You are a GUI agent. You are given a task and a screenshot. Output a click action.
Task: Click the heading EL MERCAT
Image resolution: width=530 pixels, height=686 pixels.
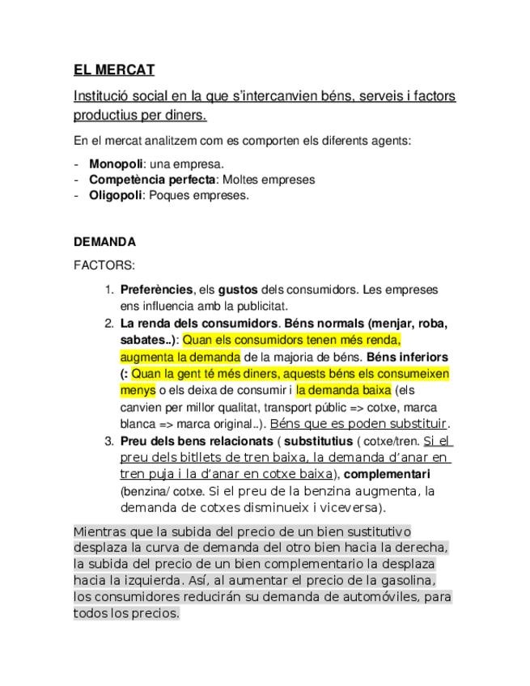(113, 70)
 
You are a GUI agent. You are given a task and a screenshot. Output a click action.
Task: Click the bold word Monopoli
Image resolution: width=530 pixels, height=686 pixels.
(116, 163)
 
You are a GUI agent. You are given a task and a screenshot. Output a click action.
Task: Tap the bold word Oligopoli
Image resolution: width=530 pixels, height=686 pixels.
(115, 194)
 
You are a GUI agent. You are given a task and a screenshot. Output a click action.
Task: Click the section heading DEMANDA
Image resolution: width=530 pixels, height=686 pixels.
(104, 241)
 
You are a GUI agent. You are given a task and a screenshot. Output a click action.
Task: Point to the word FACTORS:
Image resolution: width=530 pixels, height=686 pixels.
(104, 265)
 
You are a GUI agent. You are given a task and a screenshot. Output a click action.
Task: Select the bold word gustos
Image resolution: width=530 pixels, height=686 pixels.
(237, 289)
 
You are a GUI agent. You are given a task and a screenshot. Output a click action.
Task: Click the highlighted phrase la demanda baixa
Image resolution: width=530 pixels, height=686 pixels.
(343, 390)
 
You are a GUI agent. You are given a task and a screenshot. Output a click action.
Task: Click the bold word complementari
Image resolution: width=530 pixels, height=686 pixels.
(387, 474)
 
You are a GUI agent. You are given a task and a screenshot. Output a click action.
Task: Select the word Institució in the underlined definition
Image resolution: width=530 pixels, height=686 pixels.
(100, 96)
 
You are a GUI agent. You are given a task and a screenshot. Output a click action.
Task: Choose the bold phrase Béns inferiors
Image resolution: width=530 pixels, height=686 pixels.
(408, 356)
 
